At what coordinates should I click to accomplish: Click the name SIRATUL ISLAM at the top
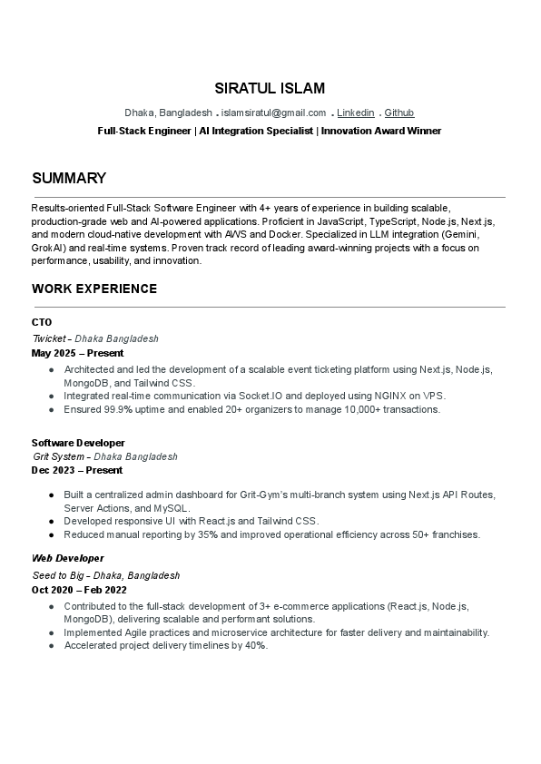pyautogui.click(x=270, y=88)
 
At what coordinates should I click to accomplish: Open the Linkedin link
pyautogui.click(x=355, y=113)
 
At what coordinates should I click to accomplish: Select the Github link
pyautogui.click(x=399, y=113)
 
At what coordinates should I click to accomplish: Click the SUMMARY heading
pyautogui.click(x=69, y=178)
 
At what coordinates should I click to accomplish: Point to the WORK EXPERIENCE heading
pyautogui.click(x=94, y=289)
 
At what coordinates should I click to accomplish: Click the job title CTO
pyautogui.click(x=42, y=322)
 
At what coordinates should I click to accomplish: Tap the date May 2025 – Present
pyautogui.click(x=77, y=353)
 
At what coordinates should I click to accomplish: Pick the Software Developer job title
pyautogui.click(x=78, y=443)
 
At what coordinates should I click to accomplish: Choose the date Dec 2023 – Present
pyautogui.click(x=77, y=471)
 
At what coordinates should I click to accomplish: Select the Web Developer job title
pyautogui.click(x=68, y=558)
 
